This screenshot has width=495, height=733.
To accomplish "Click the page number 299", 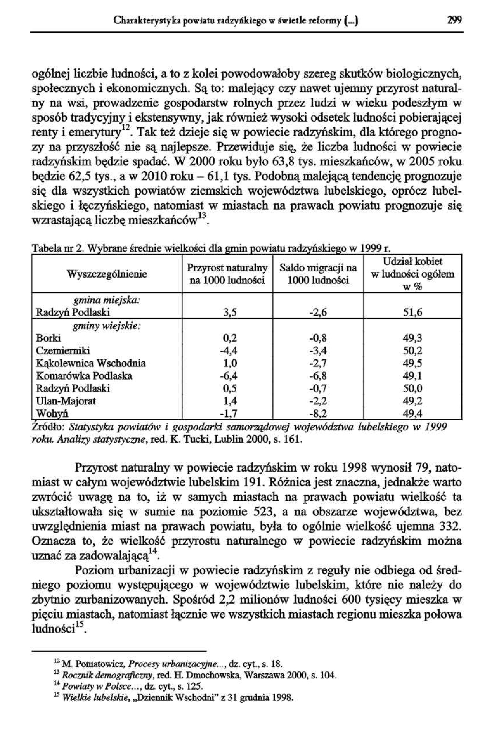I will [455, 20].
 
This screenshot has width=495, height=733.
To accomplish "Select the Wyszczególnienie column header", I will [107, 274].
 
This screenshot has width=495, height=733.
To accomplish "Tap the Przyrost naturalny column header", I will [227, 274].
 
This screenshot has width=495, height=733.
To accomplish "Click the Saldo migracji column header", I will [318, 274].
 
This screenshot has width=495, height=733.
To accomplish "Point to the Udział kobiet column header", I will [413, 274].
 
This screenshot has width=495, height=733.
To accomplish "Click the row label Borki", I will [48, 338].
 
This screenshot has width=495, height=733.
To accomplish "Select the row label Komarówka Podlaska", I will [84, 376].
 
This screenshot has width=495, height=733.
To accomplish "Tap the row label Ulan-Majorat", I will [66, 401].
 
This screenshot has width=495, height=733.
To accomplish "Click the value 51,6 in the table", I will [412, 312].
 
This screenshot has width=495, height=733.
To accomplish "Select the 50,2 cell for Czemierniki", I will [412, 350].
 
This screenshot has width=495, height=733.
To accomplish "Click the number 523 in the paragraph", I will [262, 512].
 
